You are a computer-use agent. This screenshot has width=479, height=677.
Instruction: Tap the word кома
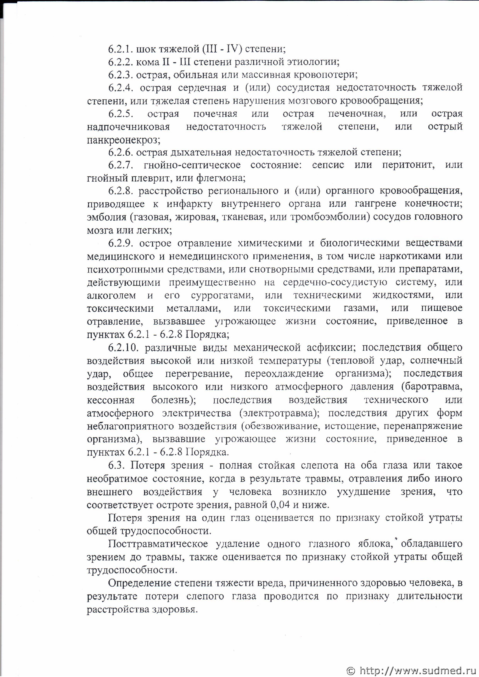point(147,62)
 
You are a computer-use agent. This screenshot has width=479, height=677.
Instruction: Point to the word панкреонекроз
point(123,140)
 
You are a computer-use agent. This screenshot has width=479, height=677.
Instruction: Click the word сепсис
point(328,165)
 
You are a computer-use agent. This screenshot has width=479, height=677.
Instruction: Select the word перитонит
point(408,165)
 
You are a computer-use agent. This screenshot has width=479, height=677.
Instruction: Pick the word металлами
point(193,308)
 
